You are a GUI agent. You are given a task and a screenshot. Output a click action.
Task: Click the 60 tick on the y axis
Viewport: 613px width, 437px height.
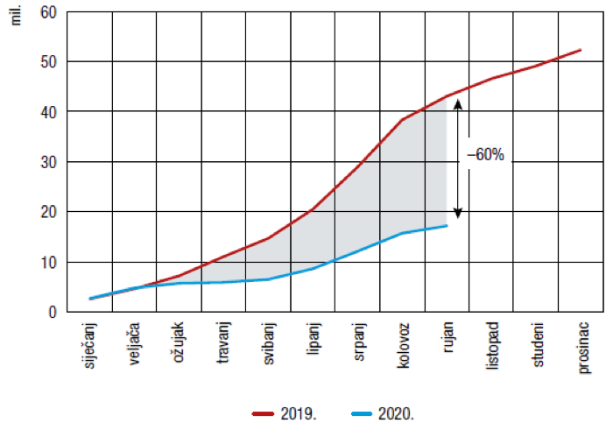coord(47,12)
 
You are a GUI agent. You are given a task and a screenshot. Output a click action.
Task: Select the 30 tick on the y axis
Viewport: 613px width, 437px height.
coord(47,162)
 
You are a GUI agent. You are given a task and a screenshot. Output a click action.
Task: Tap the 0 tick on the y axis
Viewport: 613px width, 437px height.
coord(52,312)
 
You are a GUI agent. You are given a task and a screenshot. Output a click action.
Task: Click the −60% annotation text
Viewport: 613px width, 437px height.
coord(487,154)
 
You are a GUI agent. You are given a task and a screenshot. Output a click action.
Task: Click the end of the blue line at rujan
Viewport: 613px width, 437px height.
coord(447,226)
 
